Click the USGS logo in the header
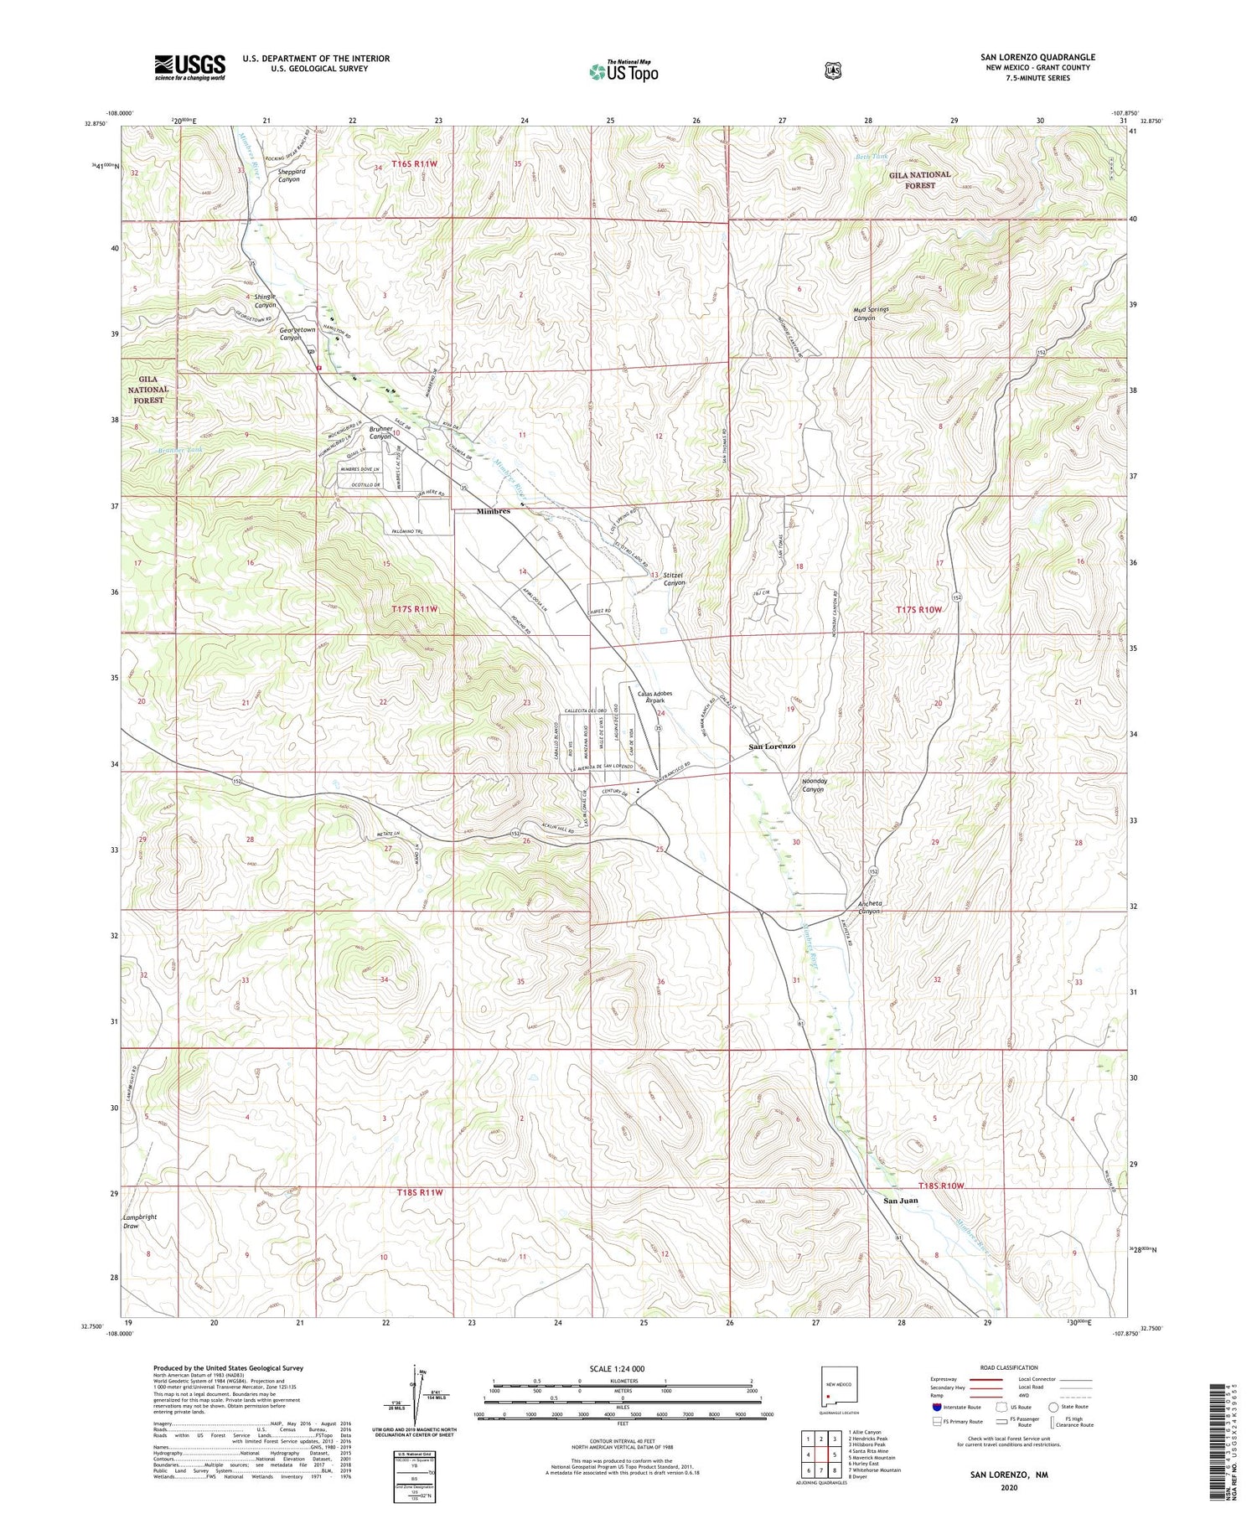pyautogui.click(x=189, y=67)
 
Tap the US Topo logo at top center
pyautogui.click(x=623, y=71)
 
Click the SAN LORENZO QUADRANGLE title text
pyautogui.click(x=1037, y=57)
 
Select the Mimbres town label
pyautogui.click(x=494, y=511)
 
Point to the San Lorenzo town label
pyautogui.click(x=772, y=747)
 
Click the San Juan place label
pyautogui.click(x=901, y=1201)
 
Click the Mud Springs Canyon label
pyautogui.click(x=871, y=314)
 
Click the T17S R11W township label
pyautogui.click(x=416, y=609)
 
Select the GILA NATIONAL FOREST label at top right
pyautogui.click(x=919, y=179)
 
